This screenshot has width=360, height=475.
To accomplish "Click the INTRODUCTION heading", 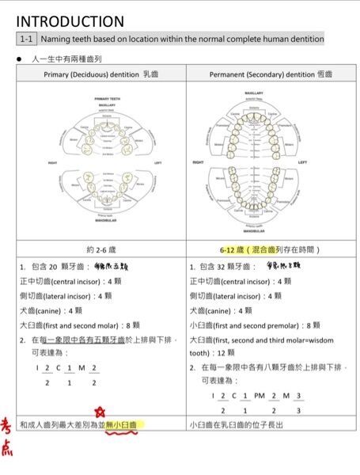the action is tap(70, 21).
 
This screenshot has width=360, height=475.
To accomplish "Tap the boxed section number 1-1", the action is tap(26, 39).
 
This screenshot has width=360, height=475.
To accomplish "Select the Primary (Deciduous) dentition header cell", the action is tap(101, 73).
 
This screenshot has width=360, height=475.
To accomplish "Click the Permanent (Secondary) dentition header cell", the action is tap(271, 73).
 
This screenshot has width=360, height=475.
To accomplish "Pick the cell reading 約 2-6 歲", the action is tap(101, 249).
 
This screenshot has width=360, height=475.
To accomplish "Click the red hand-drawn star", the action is tap(100, 412).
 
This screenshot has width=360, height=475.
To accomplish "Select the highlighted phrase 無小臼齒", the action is tap(120, 425).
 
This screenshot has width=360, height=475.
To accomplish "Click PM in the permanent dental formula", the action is tap(258, 395).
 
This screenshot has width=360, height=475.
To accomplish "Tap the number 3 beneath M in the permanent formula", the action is tap(297, 411).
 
